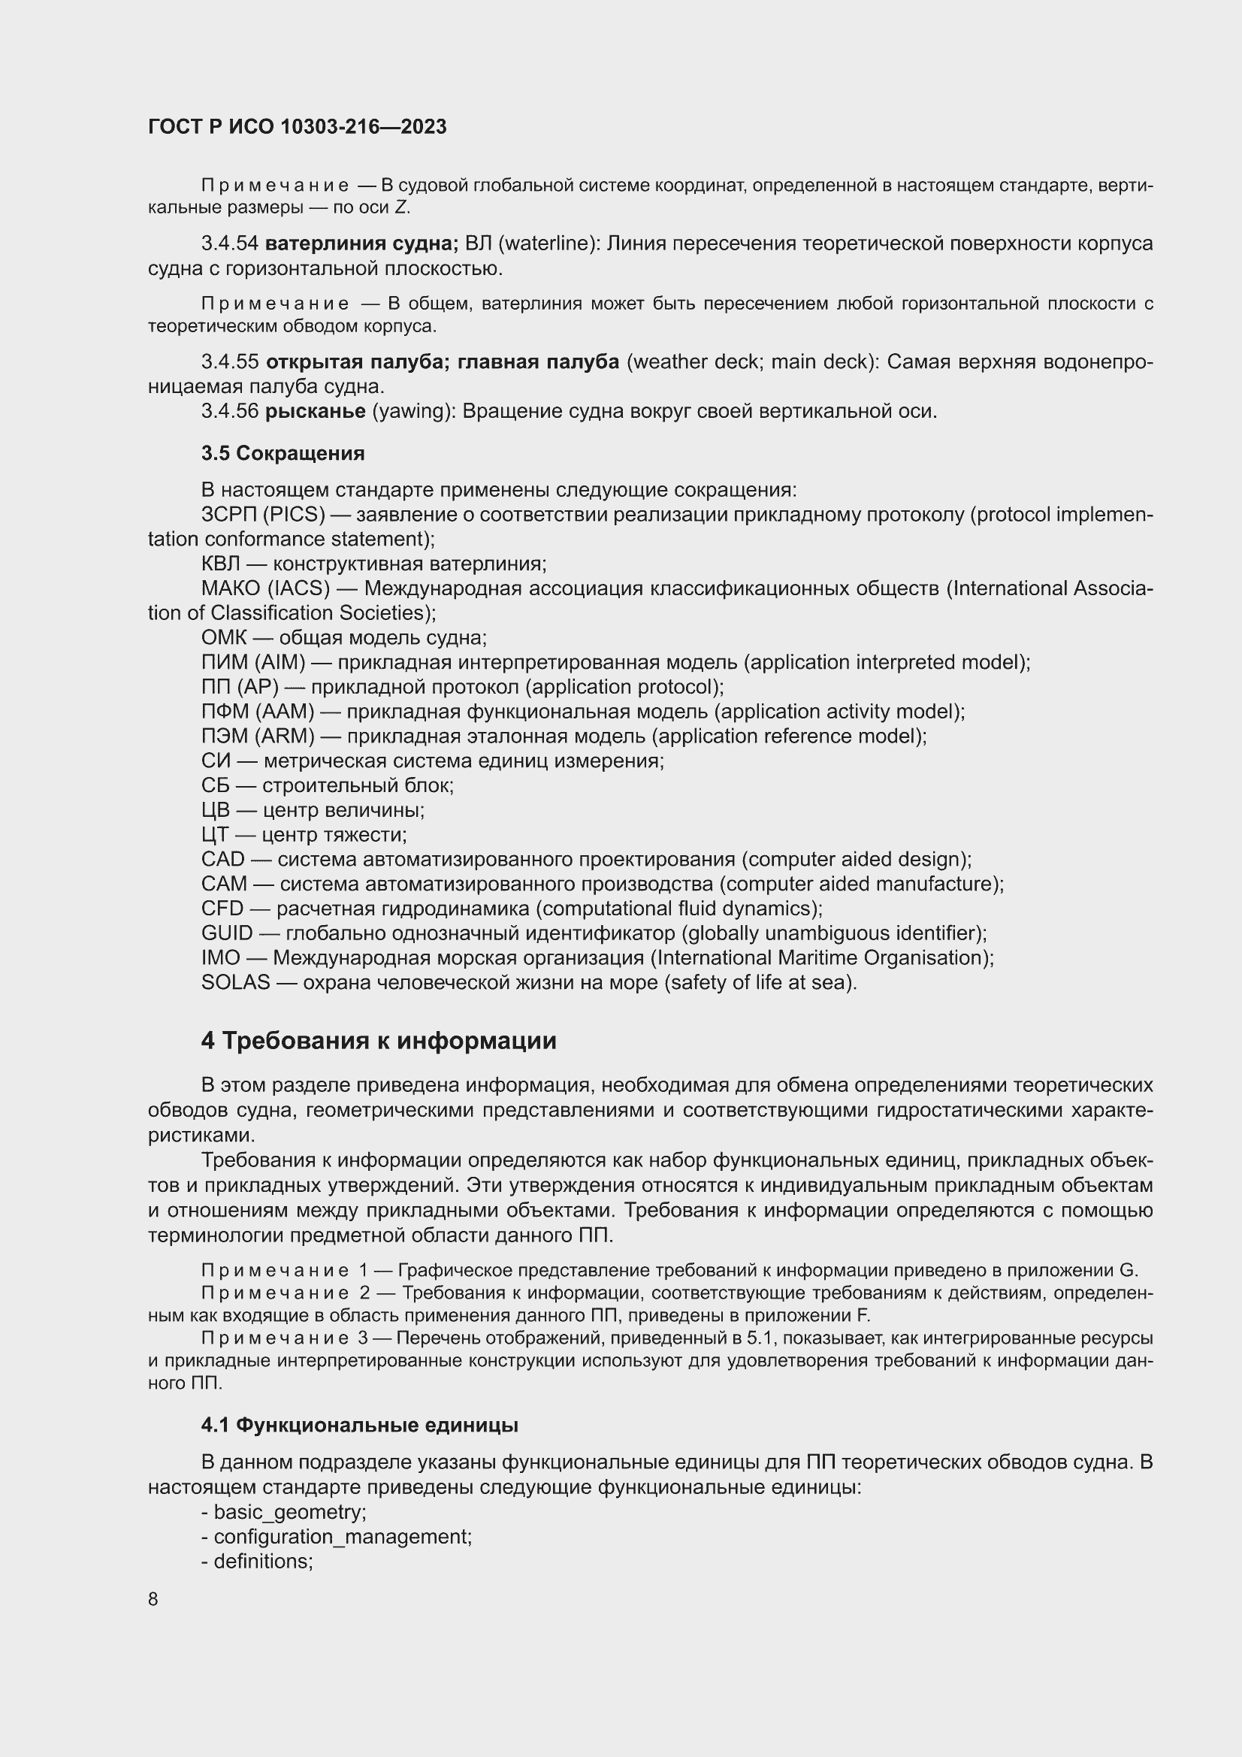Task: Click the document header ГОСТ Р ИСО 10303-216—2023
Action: [297, 127]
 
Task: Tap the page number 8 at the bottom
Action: [153, 1598]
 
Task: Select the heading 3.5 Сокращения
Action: [283, 453]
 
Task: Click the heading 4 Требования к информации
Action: [378, 1041]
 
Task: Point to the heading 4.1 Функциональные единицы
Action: [360, 1425]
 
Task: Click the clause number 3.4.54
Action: [230, 243]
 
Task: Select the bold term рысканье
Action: [316, 411]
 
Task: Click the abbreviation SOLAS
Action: [236, 981]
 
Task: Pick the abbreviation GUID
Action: [226, 933]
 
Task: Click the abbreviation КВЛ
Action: [220, 564]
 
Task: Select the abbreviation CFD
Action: [222, 909]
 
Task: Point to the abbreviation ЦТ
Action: [215, 834]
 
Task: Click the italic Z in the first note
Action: [401, 207]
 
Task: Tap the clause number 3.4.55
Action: [230, 362]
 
